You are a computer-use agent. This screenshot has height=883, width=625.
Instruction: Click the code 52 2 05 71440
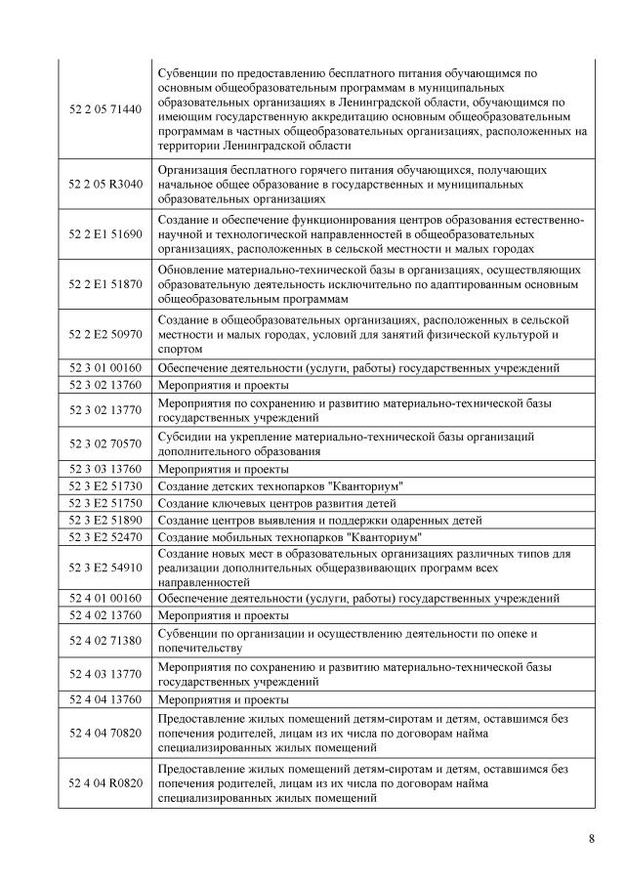pos(105,109)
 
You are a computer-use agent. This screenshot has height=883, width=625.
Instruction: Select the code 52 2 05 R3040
pos(105,184)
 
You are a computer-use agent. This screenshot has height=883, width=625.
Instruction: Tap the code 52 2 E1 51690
pos(105,234)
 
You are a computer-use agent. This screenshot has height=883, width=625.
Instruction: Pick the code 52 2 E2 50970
pos(105,334)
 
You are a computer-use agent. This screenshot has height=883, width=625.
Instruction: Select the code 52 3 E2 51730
pos(105,485)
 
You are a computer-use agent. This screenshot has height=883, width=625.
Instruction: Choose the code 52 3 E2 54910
pos(105,568)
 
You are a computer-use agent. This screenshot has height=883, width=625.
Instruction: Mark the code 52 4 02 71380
pos(105,640)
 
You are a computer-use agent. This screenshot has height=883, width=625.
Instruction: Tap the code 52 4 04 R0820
pos(105,784)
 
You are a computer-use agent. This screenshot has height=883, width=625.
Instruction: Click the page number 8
pos(592,839)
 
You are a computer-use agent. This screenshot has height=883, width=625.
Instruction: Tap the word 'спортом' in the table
pos(181,349)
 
